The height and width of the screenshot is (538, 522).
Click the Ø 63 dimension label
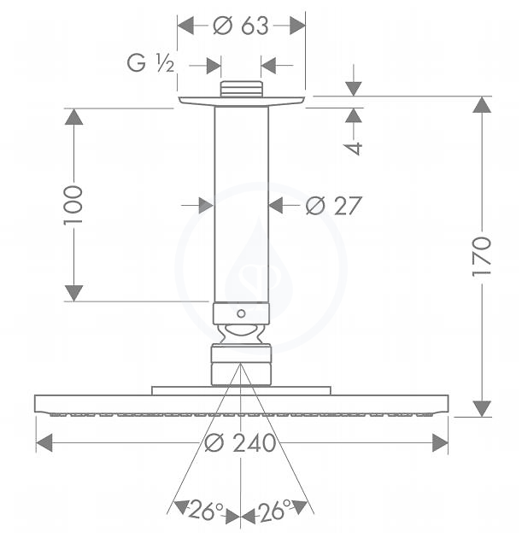241,26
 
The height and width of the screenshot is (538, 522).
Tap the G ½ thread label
150,63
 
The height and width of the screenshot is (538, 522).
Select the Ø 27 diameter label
333,206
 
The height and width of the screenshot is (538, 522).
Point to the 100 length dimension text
73,205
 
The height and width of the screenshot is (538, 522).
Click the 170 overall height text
482,256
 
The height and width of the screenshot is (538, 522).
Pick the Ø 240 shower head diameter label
240,442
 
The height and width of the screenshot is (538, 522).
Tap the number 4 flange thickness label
353,149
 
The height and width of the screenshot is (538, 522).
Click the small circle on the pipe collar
241,313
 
